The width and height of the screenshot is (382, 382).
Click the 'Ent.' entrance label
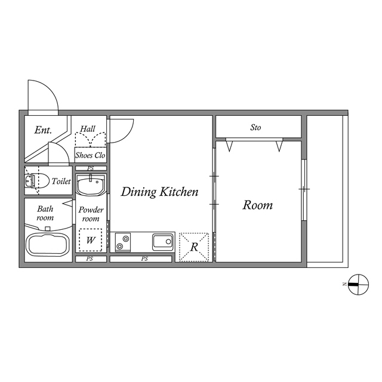[43, 130]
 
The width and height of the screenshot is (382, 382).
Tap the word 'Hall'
[88, 129]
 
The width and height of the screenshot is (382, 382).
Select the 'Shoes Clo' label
[90, 155]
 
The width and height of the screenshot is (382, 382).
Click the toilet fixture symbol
[36, 180]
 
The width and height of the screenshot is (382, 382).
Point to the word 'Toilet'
[61, 181]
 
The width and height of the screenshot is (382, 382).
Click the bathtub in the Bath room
[48, 244]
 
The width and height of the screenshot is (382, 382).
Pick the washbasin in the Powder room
[91, 185]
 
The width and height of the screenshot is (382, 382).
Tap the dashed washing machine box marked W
[90, 240]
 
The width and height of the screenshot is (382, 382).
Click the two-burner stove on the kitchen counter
[123, 242]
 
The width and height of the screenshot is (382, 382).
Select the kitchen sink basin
[163, 242]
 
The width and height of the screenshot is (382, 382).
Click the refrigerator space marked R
[194, 247]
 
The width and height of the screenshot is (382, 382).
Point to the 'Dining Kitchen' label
[159, 192]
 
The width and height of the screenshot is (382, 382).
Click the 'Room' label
[257, 205]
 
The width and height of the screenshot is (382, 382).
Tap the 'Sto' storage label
[255, 127]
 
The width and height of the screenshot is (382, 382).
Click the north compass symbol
[358, 284]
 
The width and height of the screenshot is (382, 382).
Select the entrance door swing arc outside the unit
[50, 89]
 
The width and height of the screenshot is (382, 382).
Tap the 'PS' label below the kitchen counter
[144, 258]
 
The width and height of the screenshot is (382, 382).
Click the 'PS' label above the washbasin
[90, 168]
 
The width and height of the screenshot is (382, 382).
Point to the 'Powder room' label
[91, 214]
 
